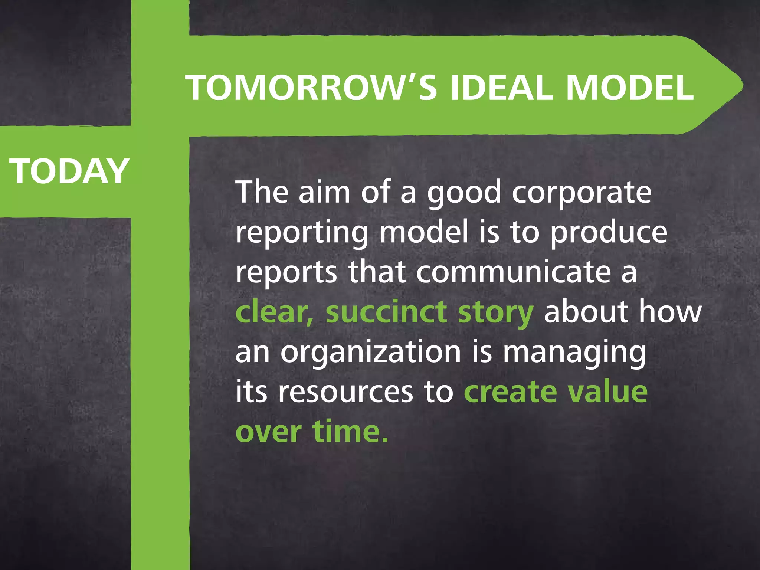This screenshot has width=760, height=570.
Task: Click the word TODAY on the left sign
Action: [69, 171]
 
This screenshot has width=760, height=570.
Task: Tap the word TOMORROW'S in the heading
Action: [312, 88]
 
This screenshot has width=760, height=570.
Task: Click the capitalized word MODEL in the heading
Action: [630, 88]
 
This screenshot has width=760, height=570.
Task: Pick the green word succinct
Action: [386, 312]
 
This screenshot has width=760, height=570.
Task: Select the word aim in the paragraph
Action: [324, 192]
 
